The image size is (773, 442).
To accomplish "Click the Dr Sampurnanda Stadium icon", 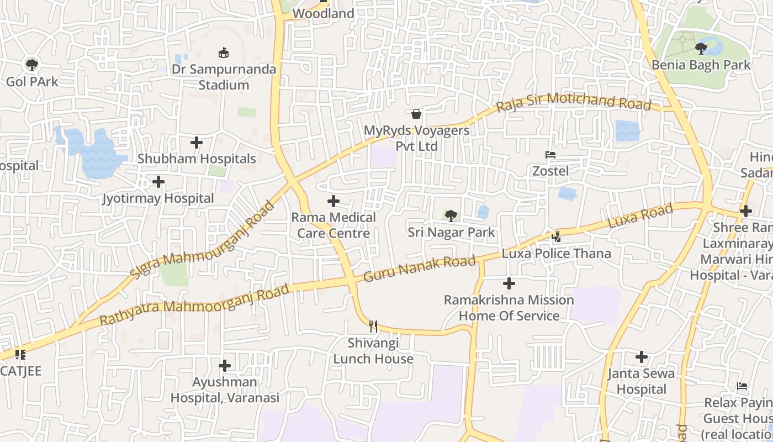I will [224, 53].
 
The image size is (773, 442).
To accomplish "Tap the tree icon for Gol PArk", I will [32, 65].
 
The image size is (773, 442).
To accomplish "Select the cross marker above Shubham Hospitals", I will [197, 143].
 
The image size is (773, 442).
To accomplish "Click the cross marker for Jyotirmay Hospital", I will [158, 182].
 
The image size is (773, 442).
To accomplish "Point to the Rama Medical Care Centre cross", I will [333, 201].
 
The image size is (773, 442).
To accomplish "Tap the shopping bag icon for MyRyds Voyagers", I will [416, 114].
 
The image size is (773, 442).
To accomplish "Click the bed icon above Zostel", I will [550, 155].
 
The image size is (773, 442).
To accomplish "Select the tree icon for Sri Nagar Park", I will [451, 216].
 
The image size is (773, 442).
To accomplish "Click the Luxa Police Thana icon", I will [556, 237].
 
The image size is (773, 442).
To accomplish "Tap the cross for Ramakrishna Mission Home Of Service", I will [509, 284].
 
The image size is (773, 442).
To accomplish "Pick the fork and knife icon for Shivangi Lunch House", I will [373, 327].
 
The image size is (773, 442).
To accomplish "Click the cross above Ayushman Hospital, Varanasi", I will [225, 366].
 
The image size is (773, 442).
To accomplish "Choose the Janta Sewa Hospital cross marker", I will [641, 357].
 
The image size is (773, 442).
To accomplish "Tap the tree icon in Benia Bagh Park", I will [701, 49].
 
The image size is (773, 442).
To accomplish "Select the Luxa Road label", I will [640, 215].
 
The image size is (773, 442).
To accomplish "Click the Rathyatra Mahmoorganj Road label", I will [194, 305].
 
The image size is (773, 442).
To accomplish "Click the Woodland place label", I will [323, 13].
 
